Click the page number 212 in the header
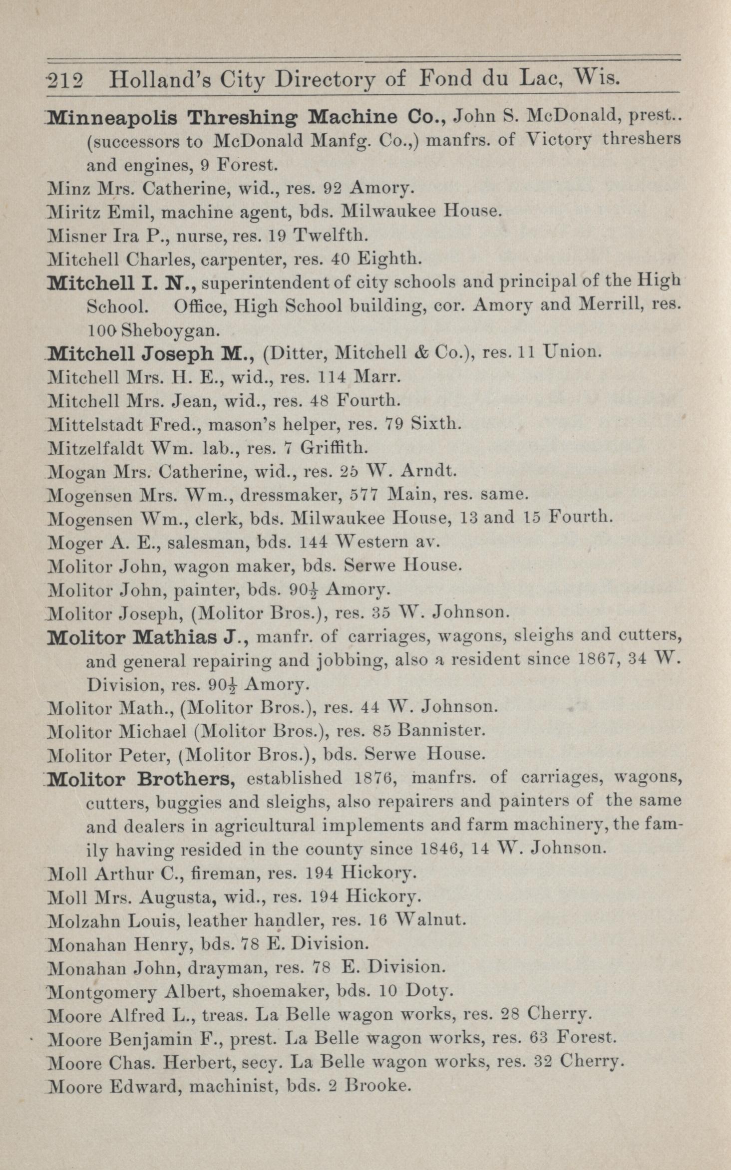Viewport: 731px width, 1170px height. click(66, 79)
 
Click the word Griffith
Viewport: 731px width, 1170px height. click(334, 448)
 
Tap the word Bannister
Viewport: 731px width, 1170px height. click(442, 731)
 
